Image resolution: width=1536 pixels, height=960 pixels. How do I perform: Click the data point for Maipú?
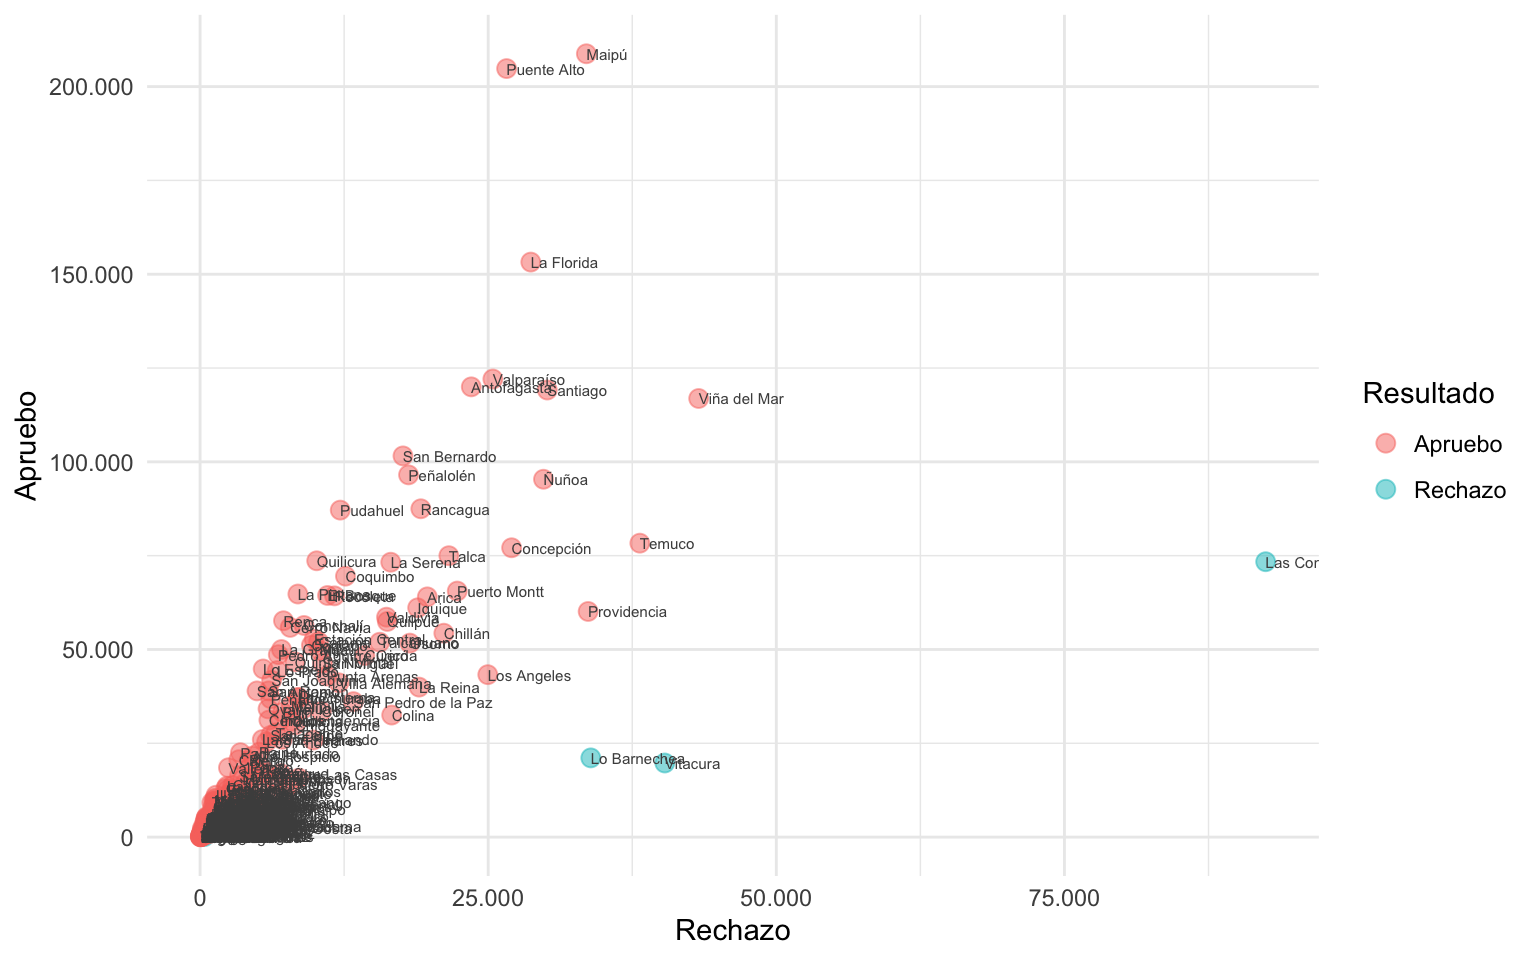(586, 54)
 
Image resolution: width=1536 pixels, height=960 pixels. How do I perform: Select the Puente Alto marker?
(506, 69)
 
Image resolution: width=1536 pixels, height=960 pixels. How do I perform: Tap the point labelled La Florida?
(530, 262)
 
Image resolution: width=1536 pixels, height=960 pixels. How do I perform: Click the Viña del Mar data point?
(698, 399)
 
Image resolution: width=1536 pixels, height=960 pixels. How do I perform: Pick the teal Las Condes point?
(1265, 562)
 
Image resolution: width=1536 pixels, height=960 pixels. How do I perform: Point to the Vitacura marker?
(664, 763)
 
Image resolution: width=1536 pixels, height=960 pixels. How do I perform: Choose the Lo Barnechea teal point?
(590, 758)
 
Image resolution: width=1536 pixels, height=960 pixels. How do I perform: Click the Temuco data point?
(639, 543)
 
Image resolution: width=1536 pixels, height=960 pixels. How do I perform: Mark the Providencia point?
(588, 611)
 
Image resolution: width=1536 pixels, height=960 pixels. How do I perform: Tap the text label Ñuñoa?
(566, 481)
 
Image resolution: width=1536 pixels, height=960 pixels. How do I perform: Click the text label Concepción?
(551, 549)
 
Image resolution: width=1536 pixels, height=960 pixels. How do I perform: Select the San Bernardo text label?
(449, 458)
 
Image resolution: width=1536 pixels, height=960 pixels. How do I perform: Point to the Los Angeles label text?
(529, 676)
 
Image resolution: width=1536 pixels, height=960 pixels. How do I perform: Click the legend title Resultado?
(1428, 394)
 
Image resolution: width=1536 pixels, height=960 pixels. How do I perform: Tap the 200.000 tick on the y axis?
(91, 87)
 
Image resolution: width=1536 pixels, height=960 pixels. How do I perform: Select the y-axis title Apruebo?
(26, 445)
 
